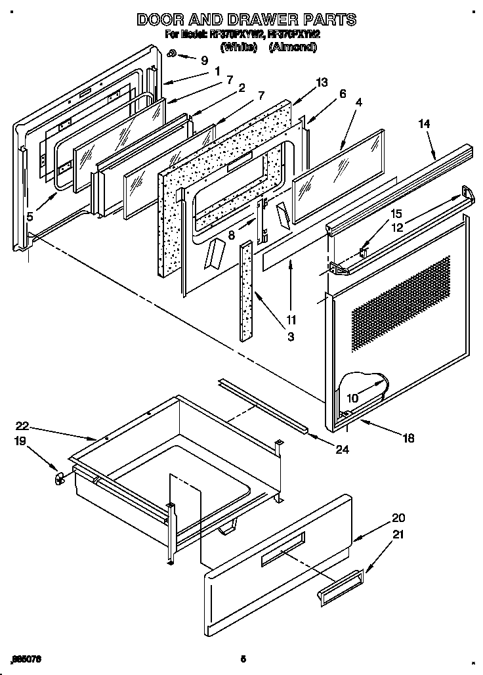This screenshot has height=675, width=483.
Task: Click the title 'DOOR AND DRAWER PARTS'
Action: click(x=246, y=20)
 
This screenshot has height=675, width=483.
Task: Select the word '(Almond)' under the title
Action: click(x=293, y=48)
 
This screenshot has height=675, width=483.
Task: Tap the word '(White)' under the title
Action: click(x=238, y=48)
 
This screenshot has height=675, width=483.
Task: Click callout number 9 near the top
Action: click(x=204, y=60)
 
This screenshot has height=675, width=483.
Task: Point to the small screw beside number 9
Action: click(x=173, y=54)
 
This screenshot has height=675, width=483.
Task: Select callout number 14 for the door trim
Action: click(x=425, y=123)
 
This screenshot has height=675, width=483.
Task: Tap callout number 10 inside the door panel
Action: click(x=352, y=398)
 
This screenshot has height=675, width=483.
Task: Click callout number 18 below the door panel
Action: click(x=408, y=438)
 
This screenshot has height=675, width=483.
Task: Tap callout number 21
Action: click(x=398, y=535)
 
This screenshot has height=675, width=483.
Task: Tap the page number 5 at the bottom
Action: click(x=242, y=658)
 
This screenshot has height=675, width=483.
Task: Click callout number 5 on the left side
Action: click(x=30, y=214)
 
